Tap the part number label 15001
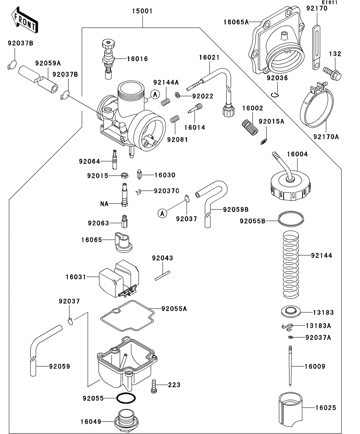[x=142, y=11]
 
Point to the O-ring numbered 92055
[x=126, y=398]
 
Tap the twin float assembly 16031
[x=118, y=278]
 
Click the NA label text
[x=104, y=204]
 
